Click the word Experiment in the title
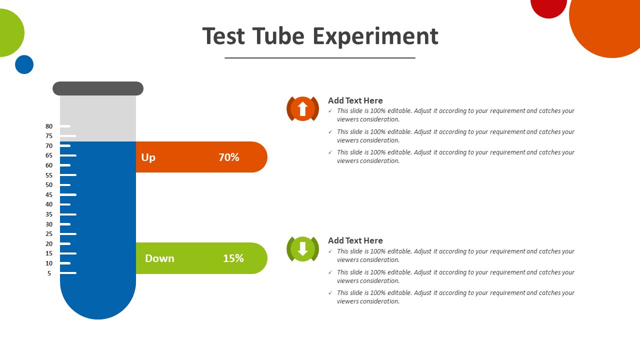tap(375, 36)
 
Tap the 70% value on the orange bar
tap(229, 157)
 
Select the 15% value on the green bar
tap(233, 258)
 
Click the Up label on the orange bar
tap(148, 157)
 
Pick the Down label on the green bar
tap(159, 258)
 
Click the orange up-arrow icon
tap(303, 109)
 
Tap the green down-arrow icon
tap(303, 249)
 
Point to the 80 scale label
tap(49, 126)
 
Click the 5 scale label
tap(49, 273)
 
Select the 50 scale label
tap(49, 185)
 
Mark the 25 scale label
tap(49, 234)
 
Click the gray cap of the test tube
tap(98, 88)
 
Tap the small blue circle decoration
tap(24, 64)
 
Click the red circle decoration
tap(548, 6)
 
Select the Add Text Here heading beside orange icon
tap(355, 100)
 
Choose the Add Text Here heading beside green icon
tap(355, 240)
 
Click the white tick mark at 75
tap(68, 136)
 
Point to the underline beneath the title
tap(320, 58)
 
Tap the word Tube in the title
tap(278, 36)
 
